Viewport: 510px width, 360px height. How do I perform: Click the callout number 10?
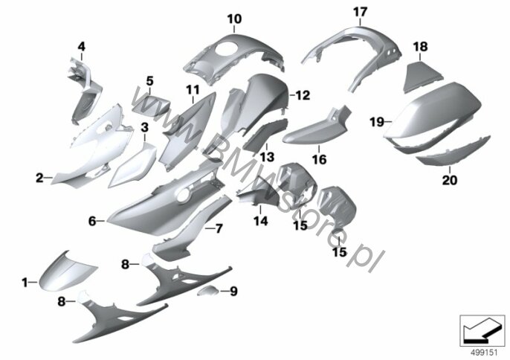click(x=234, y=19)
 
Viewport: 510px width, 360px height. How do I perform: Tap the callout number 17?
click(x=360, y=13)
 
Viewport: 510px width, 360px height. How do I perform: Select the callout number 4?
click(x=81, y=47)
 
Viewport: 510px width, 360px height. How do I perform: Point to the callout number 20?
click(x=450, y=180)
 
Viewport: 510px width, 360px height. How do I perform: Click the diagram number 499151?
click(x=484, y=353)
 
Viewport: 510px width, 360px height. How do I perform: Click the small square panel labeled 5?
click(x=150, y=103)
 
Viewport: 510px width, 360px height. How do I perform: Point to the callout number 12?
click(x=303, y=95)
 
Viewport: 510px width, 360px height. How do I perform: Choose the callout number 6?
click(x=92, y=222)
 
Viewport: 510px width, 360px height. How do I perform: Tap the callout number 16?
click(x=319, y=159)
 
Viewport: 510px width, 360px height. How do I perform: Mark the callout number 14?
click(x=261, y=222)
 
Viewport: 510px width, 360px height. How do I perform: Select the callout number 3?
click(x=145, y=128)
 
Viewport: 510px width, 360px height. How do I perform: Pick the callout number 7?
click(x=219, y=228)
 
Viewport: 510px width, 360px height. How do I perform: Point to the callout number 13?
click(x=267, y=157)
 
